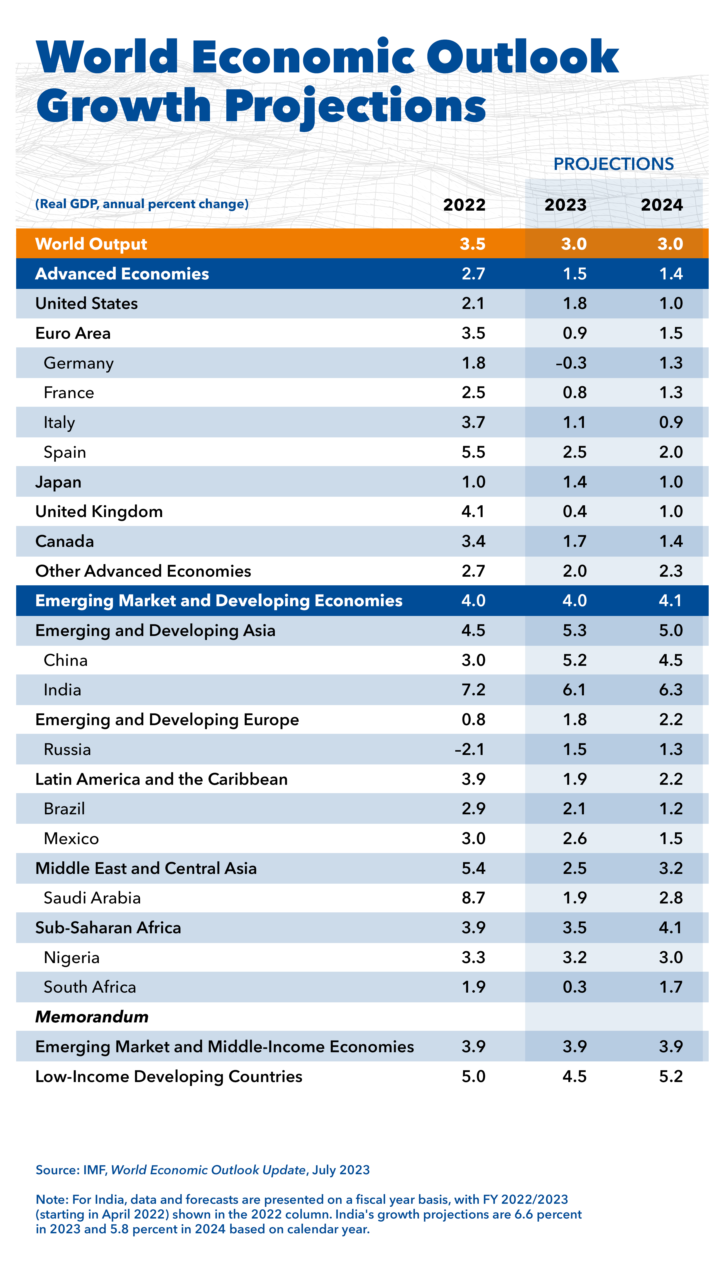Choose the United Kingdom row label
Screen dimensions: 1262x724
click(99, 511)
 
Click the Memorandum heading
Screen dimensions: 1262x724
click(92, 1017)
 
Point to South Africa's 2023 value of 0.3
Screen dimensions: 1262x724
click(574, 987)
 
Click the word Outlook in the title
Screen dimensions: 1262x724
click(522, 57)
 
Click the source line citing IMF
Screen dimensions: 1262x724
click(202, 1170)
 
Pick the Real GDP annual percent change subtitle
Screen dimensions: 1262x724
click(142, 204)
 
